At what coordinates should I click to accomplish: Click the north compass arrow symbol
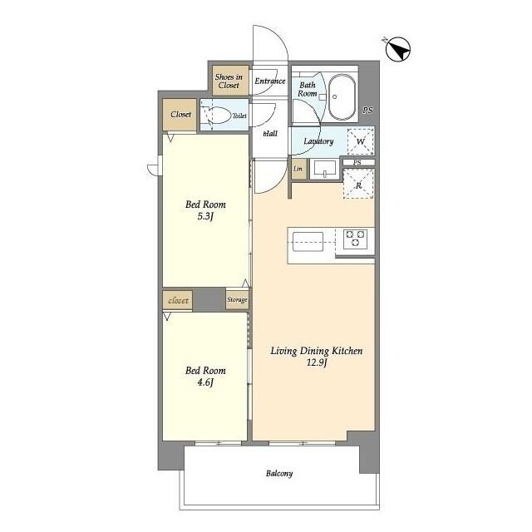398,49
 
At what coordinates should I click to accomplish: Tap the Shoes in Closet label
229,81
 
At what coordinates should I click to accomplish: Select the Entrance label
270,81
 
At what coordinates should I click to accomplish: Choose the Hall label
270,134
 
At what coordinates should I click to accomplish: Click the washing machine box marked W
361,141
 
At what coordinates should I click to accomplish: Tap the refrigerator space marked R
358,184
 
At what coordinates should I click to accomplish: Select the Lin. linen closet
298,169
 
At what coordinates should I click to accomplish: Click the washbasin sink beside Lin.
325,169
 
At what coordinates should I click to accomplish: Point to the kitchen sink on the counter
308,242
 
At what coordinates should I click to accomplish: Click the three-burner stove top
355,239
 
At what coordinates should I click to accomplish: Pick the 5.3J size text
205,216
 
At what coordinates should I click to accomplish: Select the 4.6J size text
205,382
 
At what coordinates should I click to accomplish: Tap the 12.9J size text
317,362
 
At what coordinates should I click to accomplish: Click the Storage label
237,299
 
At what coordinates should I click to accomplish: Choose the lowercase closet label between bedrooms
178,301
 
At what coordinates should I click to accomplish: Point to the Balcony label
279,473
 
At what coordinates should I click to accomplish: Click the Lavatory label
318,141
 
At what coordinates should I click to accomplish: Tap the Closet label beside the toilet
181,115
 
